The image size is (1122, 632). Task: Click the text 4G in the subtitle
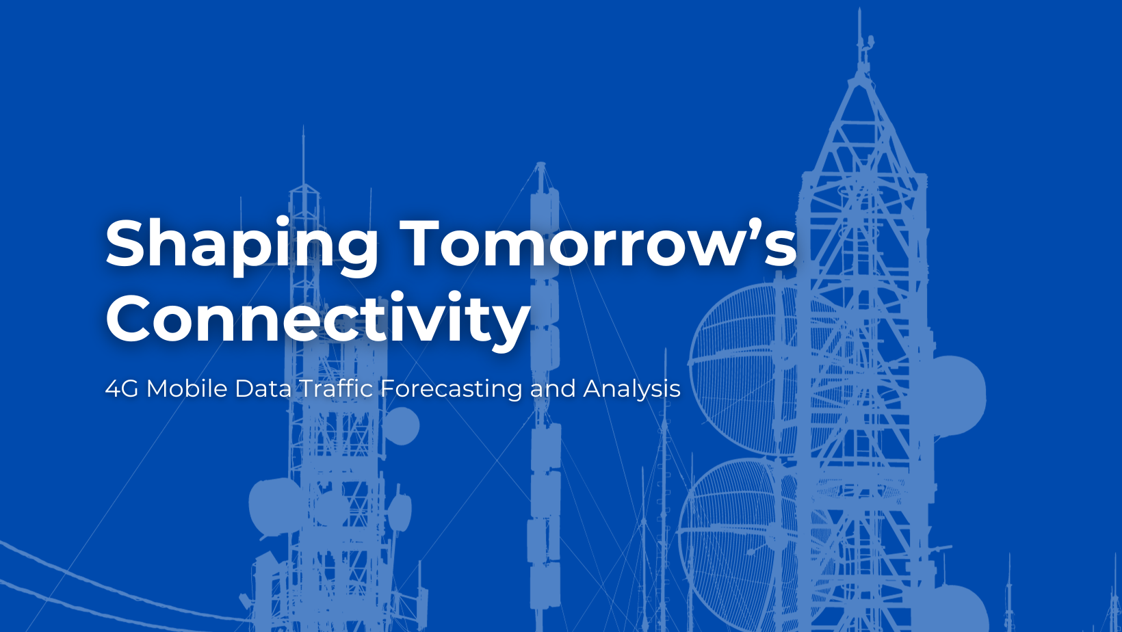[x=122, y=389]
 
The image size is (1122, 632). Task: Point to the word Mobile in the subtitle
[x=187, y=389]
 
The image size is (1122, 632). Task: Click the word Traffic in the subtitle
[x=336, y=389]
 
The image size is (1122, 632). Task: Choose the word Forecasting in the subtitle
[x=451, y=389]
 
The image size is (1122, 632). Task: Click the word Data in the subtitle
[x=263, y=389]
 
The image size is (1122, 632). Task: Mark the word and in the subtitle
[x=553, y=389]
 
